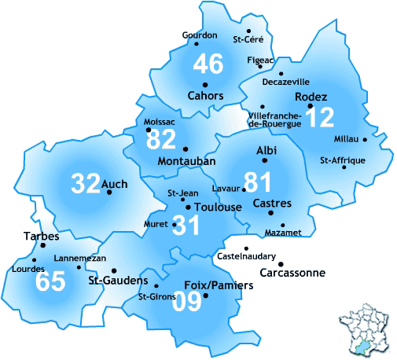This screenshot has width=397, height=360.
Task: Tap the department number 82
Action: (162, 141)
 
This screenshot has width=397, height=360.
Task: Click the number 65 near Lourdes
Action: (50, 281)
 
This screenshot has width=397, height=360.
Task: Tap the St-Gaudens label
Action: (118, 281)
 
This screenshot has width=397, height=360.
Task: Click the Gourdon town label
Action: (199, 35)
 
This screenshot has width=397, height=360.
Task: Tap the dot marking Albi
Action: (265, 160)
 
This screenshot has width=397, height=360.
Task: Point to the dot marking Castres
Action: (270, 212)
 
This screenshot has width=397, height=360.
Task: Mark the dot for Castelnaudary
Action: (246, 248)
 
